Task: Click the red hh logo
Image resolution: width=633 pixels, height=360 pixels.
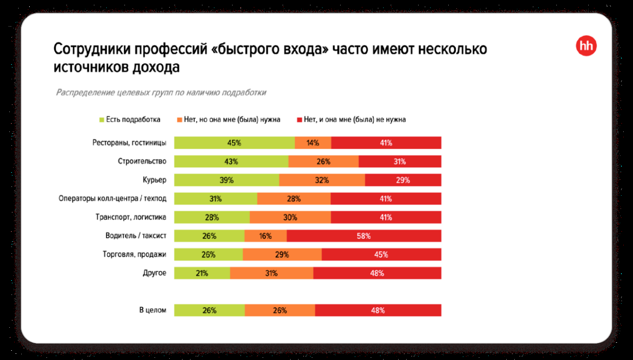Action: click(x=586, y=46)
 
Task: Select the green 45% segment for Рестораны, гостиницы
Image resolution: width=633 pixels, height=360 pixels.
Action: click(x=234, y=143)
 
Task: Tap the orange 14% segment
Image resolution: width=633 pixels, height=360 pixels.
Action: click(x=313, y=143)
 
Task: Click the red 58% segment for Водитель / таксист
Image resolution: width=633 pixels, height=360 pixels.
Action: click(x=364, y=236)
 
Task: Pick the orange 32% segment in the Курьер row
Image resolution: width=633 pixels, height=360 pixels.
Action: click(x=322, y=180)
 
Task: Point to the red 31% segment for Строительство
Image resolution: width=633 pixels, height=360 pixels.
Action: click(x=400, y=162)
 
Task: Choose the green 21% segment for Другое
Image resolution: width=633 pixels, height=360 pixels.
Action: click(x=202, y=273)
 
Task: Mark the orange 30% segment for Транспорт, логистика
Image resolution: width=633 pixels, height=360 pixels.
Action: click(x=290, y=217)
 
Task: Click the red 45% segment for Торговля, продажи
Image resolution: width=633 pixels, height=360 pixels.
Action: click(x=381, y=255)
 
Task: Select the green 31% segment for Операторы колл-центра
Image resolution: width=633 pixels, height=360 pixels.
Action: click(x=215, y=199)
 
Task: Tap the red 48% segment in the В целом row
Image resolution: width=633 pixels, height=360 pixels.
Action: click(x=378, y=310)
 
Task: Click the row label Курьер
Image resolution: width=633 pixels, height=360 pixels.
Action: click(x=155, y=180)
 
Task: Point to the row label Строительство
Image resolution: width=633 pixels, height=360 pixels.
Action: click(x=142, y=162)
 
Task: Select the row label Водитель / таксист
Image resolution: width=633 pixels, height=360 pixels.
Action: click(x=136, y=236)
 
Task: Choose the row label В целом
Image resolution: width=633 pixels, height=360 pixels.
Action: click(x=153, y=310)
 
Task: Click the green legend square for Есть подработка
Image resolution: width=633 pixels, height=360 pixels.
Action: click(x=101, y=120)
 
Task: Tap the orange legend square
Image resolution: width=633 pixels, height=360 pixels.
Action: click(x=179, y=120)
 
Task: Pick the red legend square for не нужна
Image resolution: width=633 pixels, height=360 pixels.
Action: click(x=299, y=120)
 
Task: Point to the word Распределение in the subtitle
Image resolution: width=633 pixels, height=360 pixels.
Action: click(x=84, y=93)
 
